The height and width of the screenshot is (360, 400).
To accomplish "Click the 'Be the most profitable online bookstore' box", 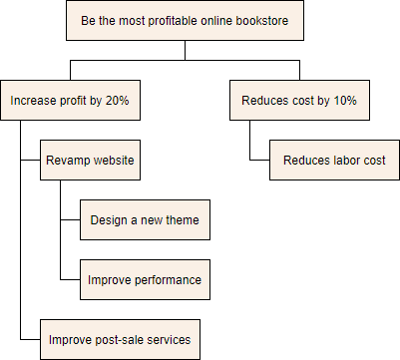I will click(x=200, y=21).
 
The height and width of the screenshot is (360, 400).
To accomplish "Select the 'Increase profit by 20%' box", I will click(x=69, y=101).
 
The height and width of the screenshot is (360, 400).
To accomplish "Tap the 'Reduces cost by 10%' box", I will click(x=298, y=101).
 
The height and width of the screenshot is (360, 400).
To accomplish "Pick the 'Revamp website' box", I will click(x=90, y=161).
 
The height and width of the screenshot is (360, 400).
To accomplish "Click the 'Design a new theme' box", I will click(x=146, y=220).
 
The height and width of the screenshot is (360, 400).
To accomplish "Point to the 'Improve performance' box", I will click(x=146, y=280).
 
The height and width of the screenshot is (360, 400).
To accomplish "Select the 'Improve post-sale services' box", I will click(x=120, y=340).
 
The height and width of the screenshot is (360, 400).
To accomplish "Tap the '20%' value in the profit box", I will click(x=115, y=101).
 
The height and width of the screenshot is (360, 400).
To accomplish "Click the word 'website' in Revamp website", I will click(x=112, y=161).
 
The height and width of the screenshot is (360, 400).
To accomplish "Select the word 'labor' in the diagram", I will click(x=346, y=161).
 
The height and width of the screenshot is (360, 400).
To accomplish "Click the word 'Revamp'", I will click(x=67, y=161).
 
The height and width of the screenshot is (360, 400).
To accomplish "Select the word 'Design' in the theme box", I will click(x=109, y=220).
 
